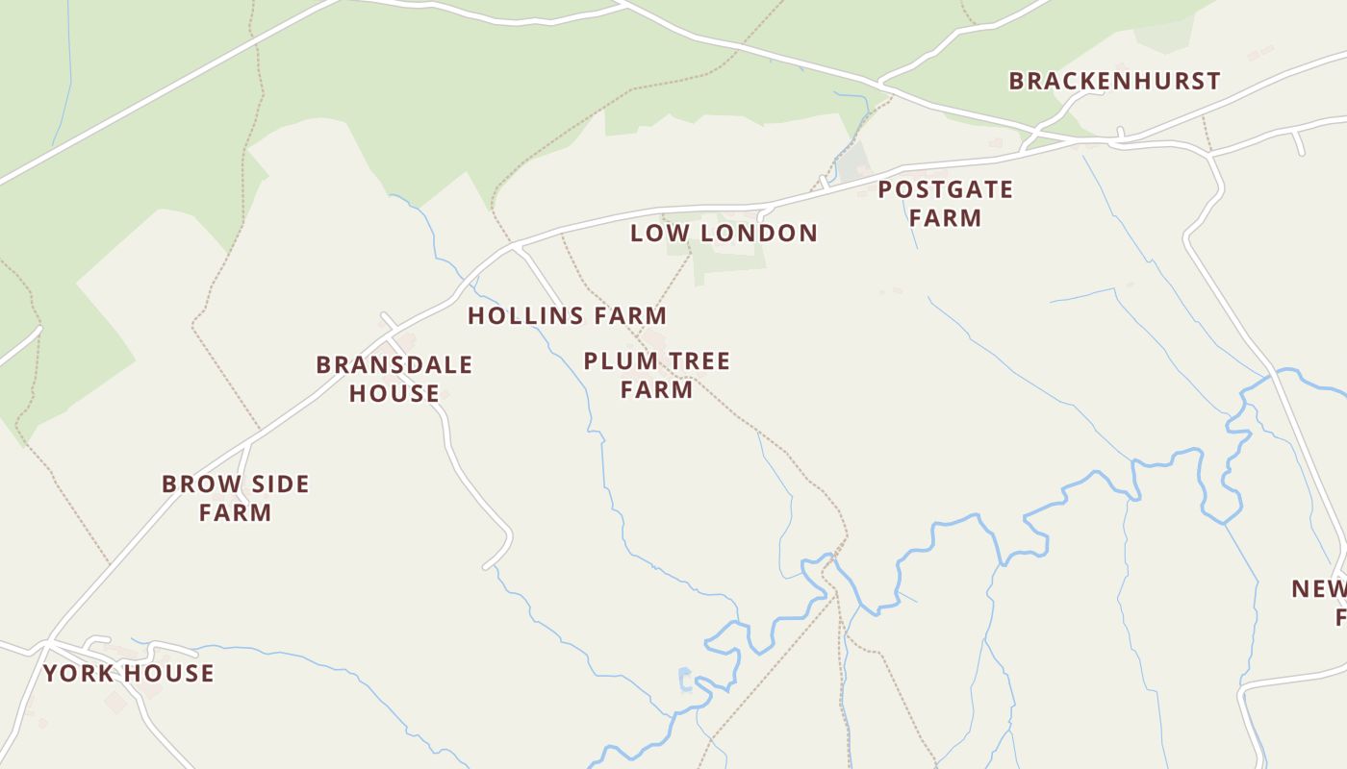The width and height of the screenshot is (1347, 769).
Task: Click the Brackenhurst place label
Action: (x=1114, y=82)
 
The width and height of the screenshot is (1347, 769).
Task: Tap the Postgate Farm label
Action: (x=945, y=204)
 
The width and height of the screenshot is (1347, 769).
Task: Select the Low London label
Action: (x=724, y=234)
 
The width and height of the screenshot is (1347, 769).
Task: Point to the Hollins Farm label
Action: (x=567, y=316)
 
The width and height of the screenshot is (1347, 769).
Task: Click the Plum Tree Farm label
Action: (x=657, y=376)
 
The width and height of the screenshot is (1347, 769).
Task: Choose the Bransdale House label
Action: (x=394, y=379)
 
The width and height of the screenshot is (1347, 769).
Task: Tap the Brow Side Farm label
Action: (x=236, y=498)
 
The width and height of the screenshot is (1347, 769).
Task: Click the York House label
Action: (x=128, y=674)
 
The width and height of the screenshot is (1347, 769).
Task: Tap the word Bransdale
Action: (x=394, y=365)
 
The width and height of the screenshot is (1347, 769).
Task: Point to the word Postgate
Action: (x=945, y=190)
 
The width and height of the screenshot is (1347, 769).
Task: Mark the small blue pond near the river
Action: (x=685, y=680)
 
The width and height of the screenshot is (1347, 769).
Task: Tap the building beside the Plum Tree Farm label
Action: (x=654, y=338)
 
